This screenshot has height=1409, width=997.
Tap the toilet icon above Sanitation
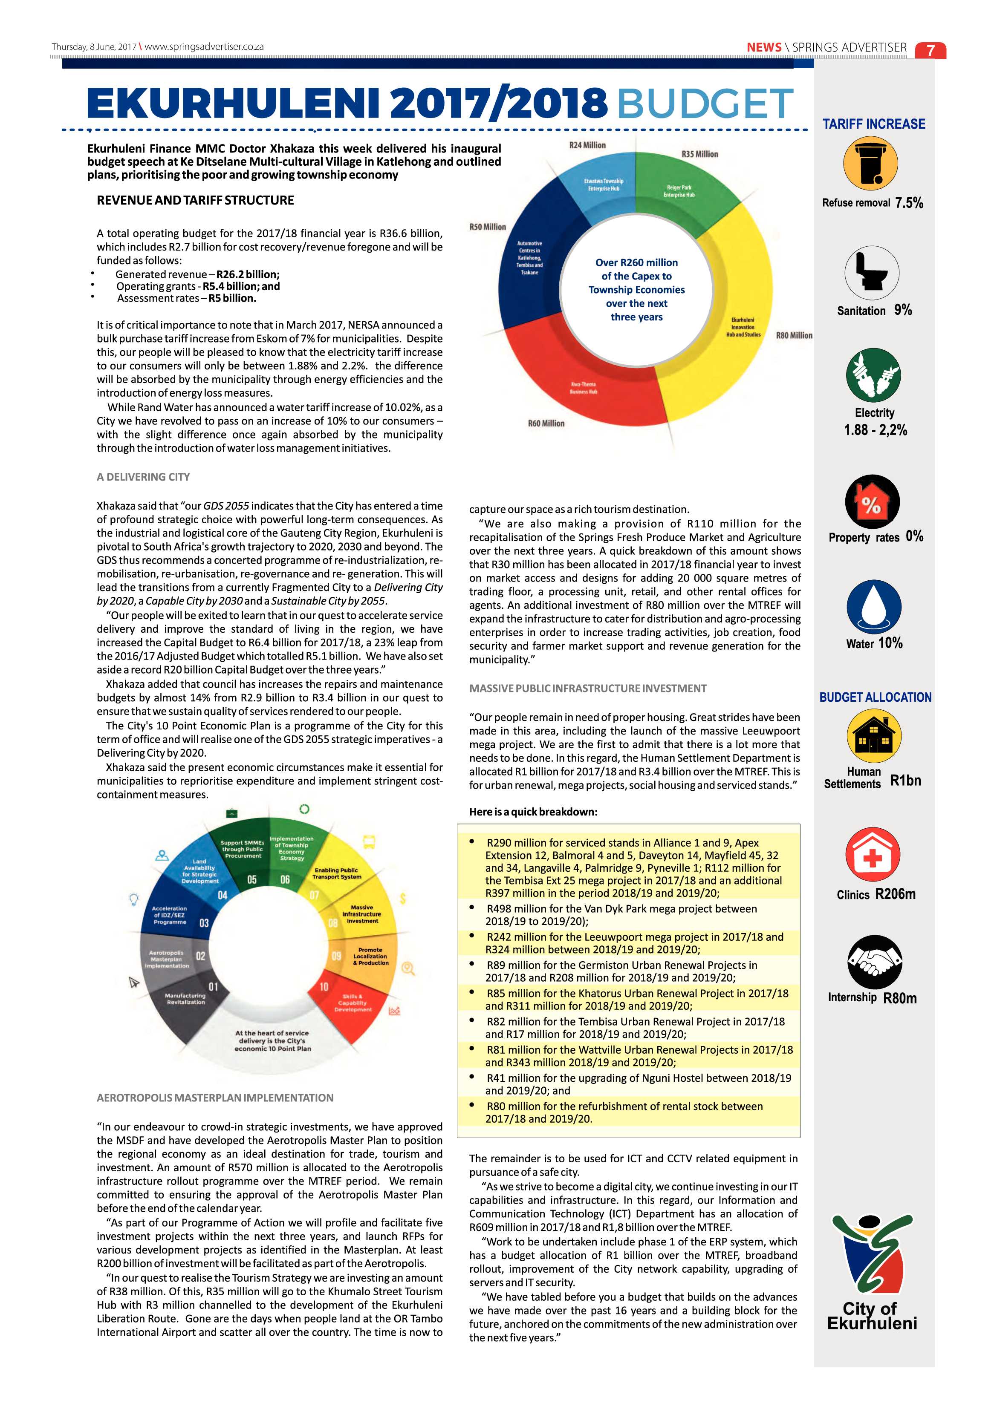(872, 273)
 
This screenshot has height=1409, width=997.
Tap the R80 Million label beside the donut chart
(794, 336)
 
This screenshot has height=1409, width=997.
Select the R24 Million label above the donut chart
(587, 145)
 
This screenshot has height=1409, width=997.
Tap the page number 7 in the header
(930, 50)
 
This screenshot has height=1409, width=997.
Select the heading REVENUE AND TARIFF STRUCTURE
(195, 200)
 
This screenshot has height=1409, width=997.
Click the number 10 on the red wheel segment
(324, 987)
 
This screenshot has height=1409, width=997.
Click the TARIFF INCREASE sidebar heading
(874, 124)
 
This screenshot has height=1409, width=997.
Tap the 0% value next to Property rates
(914, 536)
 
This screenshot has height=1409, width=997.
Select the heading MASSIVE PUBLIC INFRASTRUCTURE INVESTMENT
(587, 688)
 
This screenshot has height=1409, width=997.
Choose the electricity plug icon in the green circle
(873, 375)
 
